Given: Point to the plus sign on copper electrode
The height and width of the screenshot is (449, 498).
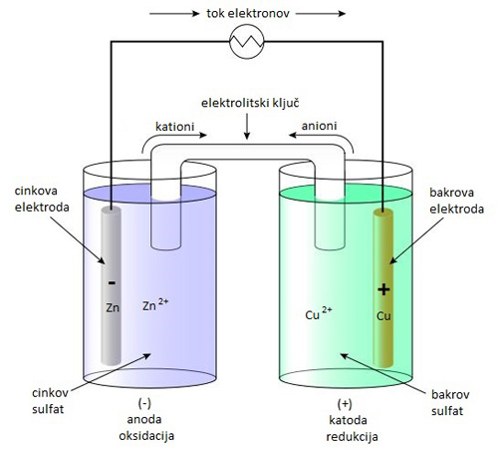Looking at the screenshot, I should (x=383, y=289).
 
